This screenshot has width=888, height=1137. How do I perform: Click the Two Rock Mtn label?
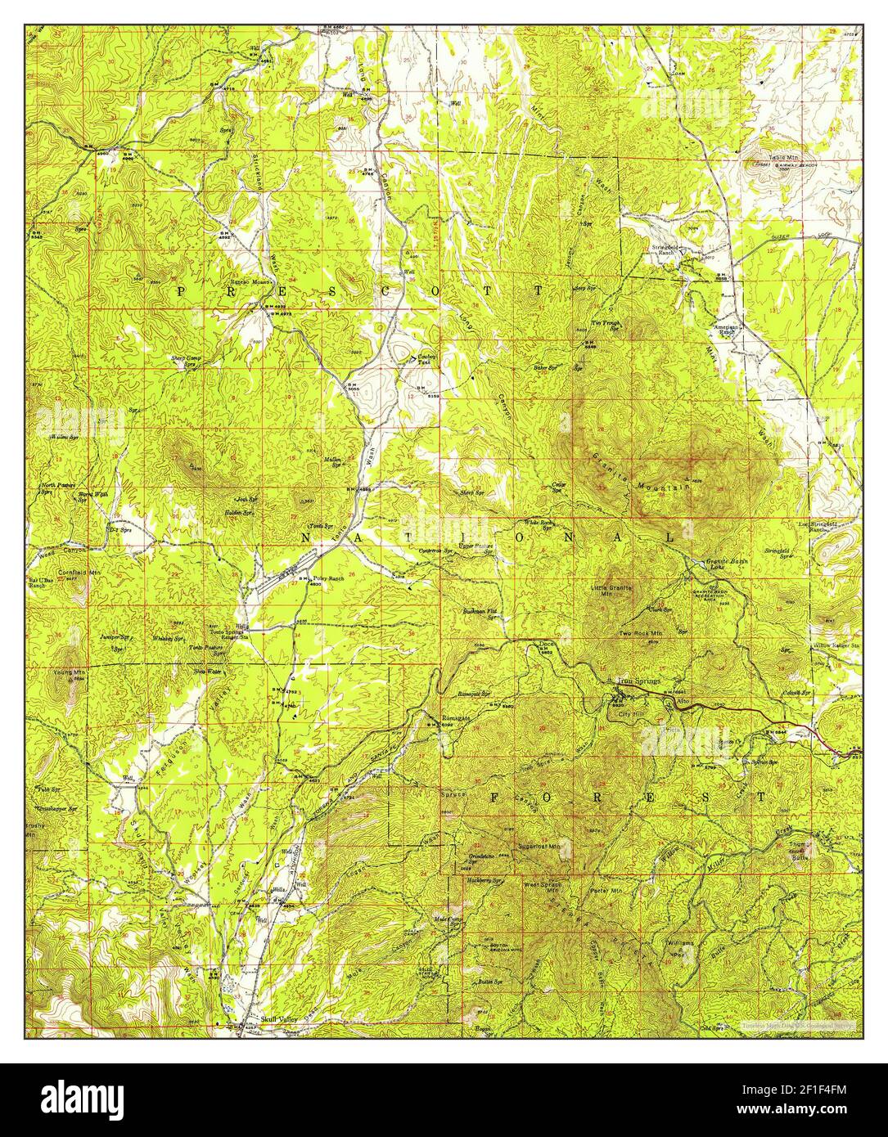click(640, 633)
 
